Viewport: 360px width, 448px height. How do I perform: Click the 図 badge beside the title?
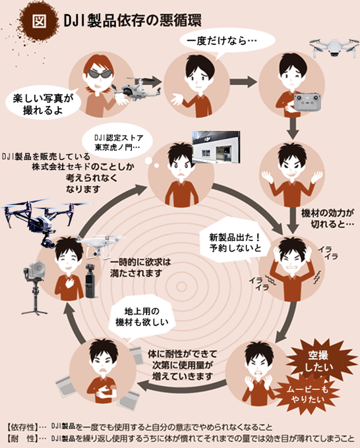coord(40,22)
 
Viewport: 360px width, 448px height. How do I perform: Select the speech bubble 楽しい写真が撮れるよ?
coord(43,104)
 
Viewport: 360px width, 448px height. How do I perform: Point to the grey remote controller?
coord(307,102)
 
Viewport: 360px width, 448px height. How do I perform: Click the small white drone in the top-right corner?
coord(334,47)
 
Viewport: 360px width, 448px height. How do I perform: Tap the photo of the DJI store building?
coord(216,147)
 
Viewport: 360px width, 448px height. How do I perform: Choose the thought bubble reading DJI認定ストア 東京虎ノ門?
coord(118,142)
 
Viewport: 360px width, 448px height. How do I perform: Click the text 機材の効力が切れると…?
coord(328,219)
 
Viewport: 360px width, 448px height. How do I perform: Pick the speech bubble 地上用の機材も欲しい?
coord(142,317)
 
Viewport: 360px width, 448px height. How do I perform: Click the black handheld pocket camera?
coord(91,281)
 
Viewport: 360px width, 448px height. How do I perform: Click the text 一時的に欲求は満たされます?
coord(140,267)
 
